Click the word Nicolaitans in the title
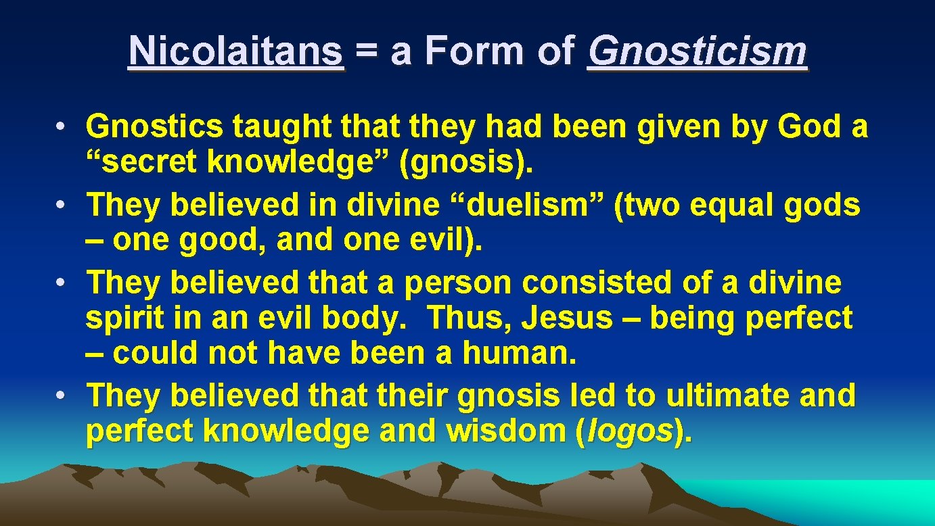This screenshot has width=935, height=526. pyautogui.click(x=235, y=51)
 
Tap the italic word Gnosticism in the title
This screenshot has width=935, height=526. pyautogui.click(x=697, y=51)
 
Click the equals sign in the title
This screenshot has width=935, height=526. pyautogui.click(x=367, y=53)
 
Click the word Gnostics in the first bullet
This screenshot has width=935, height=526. pyautogui.click(x=154, y=126)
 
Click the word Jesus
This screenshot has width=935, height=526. pyautogui.click(x=566, y=318)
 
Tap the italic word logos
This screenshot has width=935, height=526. pyautogui.click(x=631, y=432)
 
